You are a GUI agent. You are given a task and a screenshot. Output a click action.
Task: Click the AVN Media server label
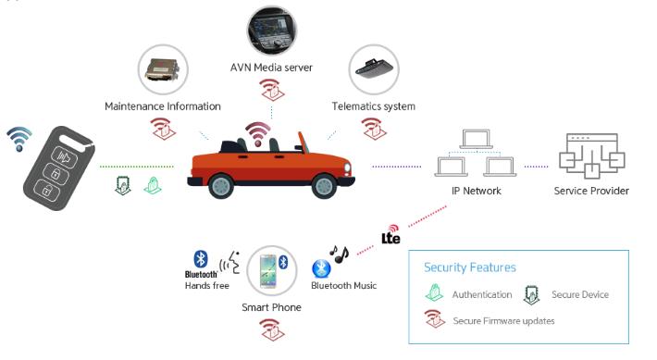(x=271, y=68)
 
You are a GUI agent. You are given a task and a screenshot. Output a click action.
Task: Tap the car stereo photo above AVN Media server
(x=271, y=31)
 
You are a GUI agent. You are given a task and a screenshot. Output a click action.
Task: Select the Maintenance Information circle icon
(x=163, y=69)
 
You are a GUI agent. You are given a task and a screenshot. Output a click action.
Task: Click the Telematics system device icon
(x=373, y=69)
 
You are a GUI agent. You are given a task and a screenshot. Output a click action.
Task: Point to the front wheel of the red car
(x=324, y=186)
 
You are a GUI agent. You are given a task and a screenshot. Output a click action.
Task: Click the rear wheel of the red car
(x=221, y=186)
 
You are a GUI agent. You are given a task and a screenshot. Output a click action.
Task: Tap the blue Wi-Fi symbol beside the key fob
(x=19, y=139)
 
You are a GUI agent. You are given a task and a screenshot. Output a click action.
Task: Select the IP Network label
(x=476, y=192)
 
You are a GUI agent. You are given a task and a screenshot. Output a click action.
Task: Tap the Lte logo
(x=390, y=235)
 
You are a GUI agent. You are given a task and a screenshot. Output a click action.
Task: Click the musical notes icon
(x=339, y=254)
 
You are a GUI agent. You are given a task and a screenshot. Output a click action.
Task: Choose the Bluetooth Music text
(x=343, y=286)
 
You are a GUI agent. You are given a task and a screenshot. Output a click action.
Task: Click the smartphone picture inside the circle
(x=268, y=271)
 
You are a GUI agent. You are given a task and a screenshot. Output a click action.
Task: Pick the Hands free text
(x=207, y=286)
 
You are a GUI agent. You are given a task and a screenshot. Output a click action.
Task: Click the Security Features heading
(x=470, y=267)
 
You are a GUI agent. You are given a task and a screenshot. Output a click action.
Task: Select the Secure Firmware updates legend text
(x=503, y=321)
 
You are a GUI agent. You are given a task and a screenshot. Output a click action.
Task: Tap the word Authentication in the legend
(x=482, y=294)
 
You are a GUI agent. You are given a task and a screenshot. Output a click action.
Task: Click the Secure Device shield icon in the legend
(x=531, y=294)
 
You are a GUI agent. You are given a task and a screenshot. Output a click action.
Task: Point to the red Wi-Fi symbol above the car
(x=258, y=134)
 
